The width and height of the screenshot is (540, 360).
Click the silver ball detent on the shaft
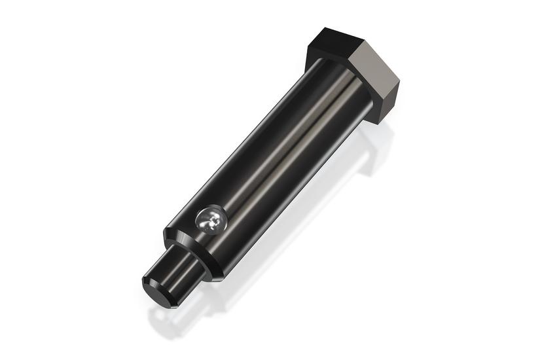pyautogui.click(x=211, y=220)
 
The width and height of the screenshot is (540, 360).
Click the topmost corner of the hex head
pyautogui.click(x=325, y=28)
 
